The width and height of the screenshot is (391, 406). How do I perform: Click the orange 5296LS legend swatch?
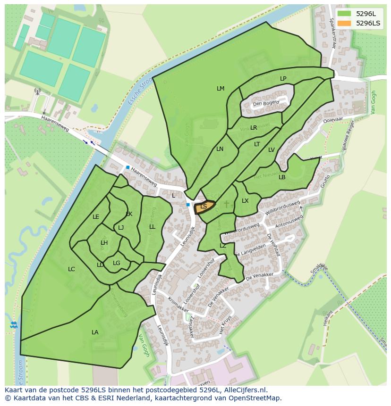point(344,23)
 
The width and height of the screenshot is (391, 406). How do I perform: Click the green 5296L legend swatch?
point(344,14)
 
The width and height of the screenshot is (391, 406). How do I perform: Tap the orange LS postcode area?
point(204,207)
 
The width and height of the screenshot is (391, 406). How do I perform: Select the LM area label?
point(221,89)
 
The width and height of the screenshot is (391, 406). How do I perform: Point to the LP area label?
point(283,79)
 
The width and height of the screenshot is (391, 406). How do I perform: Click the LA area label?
point(95,332)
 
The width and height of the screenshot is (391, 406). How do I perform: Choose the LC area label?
point(71,269)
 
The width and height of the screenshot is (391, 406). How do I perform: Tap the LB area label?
point(282,177)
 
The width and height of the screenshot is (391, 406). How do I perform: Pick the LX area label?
point(245,201)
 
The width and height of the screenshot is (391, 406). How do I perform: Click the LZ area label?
point(223,246)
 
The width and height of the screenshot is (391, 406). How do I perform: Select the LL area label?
point(152,227)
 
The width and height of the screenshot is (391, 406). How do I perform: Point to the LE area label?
point(96,217)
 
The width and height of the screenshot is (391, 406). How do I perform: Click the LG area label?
point(117,263)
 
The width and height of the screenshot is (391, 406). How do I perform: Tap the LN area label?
point(220,149)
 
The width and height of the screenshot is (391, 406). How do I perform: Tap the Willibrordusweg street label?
point(282,209)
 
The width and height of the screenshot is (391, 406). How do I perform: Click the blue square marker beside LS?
point(188,205)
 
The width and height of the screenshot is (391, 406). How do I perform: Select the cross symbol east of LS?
point(226,204)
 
